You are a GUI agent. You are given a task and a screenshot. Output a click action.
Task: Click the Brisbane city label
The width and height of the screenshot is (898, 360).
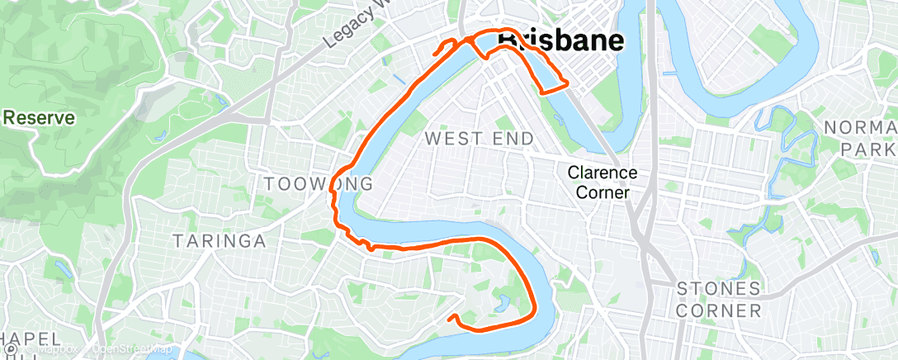560,41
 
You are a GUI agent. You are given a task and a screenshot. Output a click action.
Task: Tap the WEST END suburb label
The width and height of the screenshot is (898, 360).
479,139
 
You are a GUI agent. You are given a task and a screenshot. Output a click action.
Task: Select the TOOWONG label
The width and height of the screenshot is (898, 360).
318,182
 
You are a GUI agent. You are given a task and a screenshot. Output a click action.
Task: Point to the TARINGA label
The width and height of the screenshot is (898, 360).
219,241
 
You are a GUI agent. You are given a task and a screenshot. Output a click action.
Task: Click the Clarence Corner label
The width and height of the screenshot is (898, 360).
602,182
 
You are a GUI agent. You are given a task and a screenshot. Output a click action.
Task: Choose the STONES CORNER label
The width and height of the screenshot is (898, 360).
718,300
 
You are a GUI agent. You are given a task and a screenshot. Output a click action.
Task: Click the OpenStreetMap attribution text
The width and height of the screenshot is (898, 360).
133,350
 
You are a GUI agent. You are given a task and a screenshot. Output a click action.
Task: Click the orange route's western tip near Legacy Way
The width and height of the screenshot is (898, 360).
434,54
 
